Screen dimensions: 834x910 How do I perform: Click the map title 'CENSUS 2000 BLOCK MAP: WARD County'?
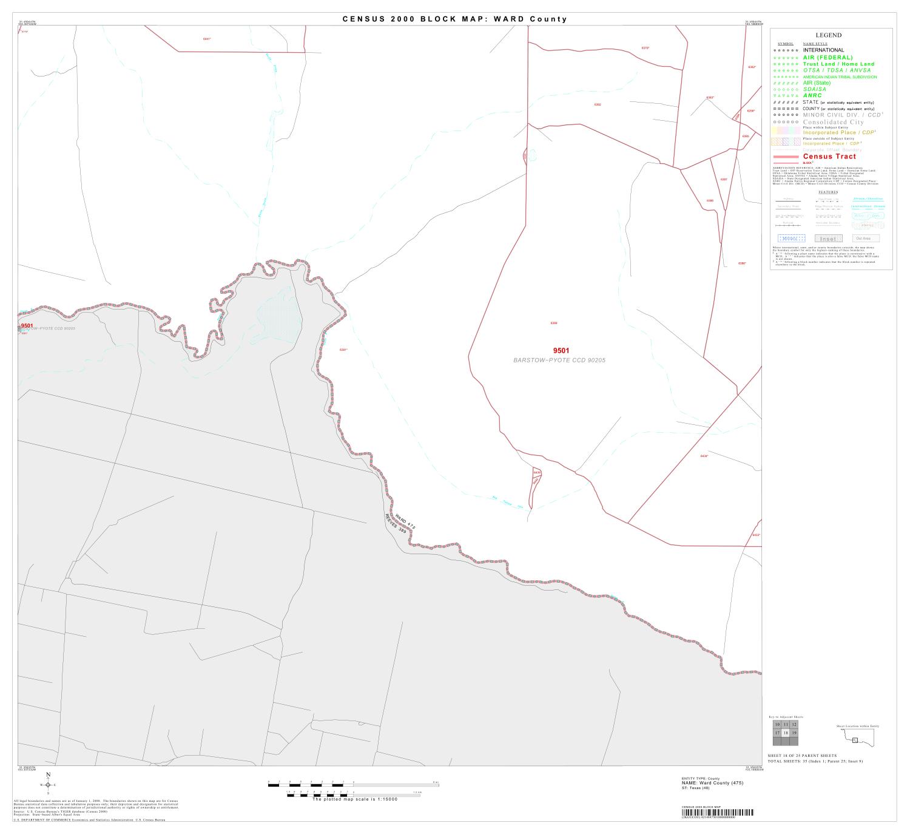pos(454,19)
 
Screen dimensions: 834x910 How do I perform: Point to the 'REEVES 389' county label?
pos(395,524)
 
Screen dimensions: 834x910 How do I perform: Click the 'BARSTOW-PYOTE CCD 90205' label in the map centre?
pos(559,361)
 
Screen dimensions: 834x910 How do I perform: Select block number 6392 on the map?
pos(598,104)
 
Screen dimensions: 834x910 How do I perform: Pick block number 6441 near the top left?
pos(207,39)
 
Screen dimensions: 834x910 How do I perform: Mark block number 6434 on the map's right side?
pos(704,456)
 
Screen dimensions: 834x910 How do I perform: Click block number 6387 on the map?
pos(724,180)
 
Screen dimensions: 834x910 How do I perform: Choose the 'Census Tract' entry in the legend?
pos(829,157)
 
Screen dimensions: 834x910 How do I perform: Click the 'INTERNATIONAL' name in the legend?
pos(823,50)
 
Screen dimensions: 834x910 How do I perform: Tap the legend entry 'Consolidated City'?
pos(833,122)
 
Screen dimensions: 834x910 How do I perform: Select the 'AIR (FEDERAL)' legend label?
pos(827,57)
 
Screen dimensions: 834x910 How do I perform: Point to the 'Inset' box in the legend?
pos(828,239)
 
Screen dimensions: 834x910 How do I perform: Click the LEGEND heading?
pos(828,36)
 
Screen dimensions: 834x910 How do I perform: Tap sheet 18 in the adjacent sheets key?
pos(786,733)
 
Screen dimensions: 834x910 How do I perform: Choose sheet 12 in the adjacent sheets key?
pos(794,725)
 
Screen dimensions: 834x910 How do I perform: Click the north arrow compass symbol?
pos(48,784)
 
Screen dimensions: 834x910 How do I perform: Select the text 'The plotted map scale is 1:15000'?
pos(354,799)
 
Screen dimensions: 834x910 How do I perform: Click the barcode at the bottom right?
pos(718,813)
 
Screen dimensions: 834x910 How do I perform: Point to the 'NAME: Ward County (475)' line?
pos(712,782)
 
